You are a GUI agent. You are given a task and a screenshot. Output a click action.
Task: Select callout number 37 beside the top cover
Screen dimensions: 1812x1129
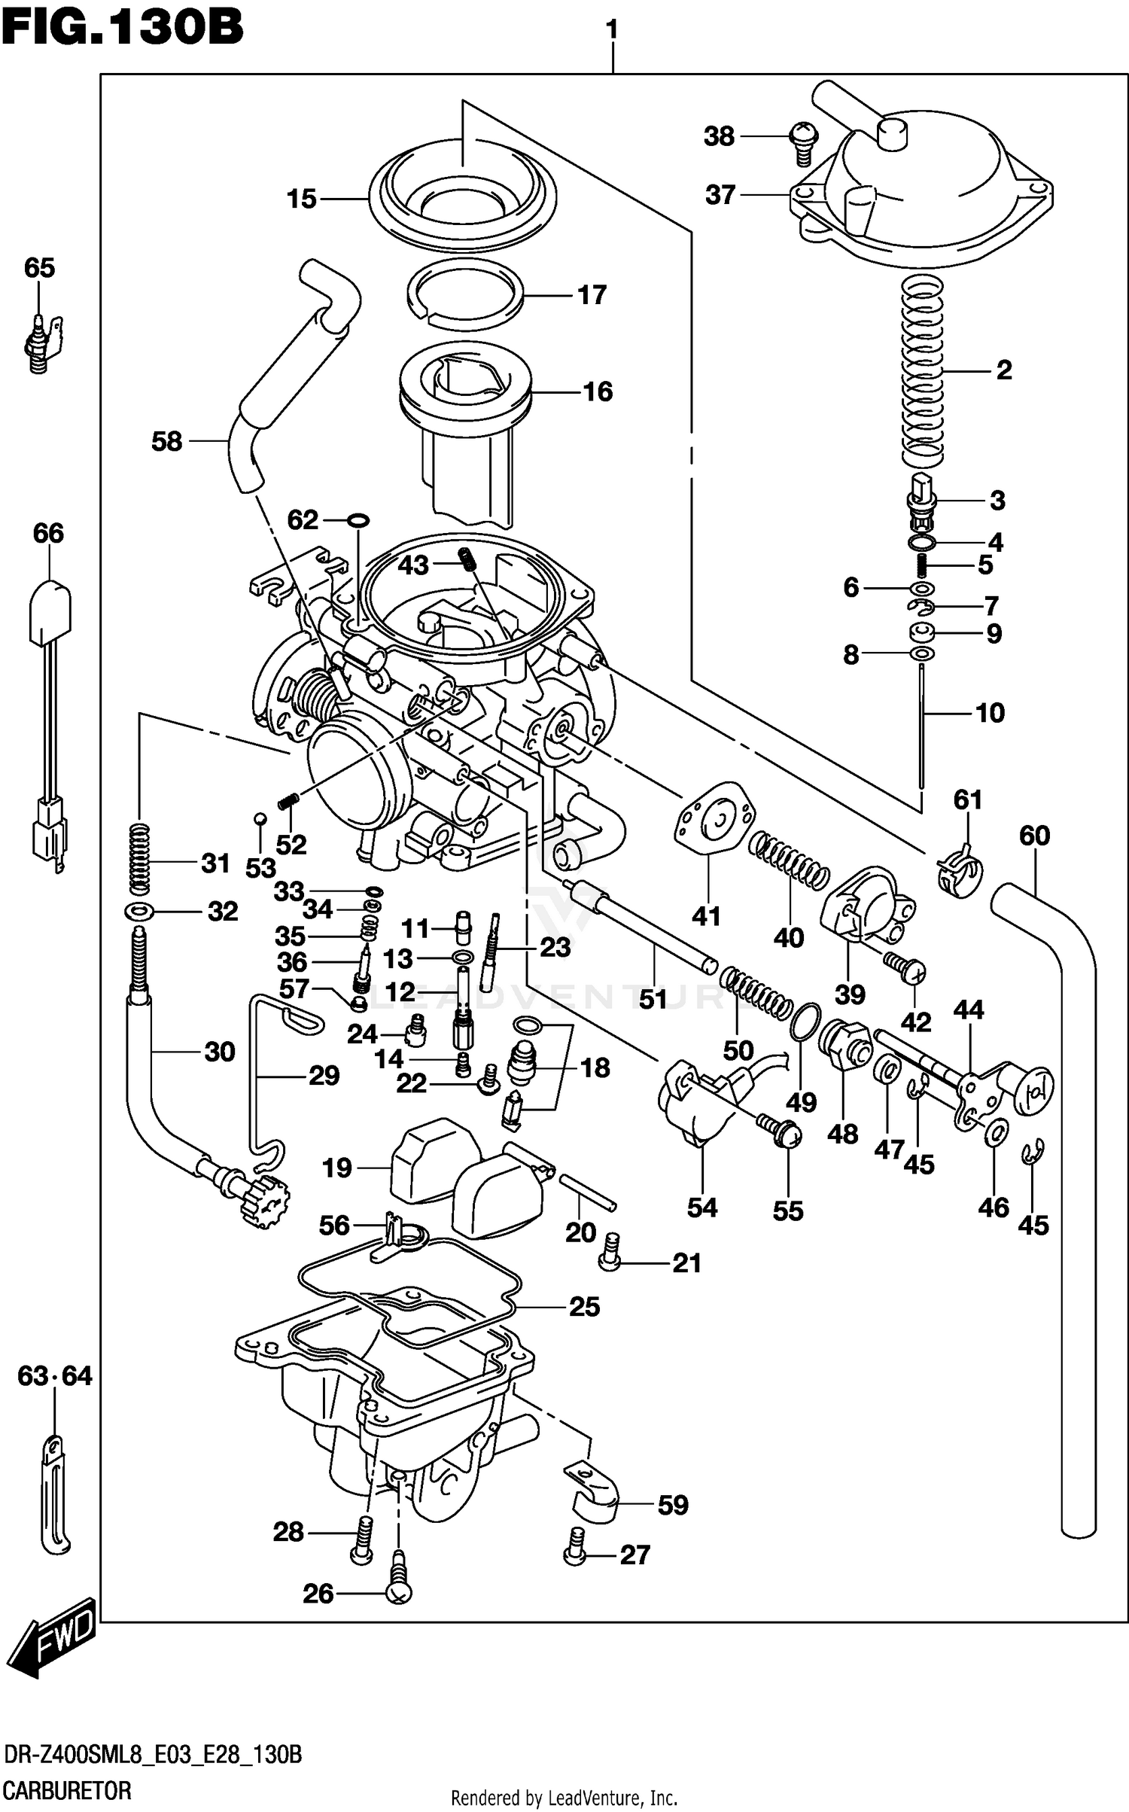(x=720, y=195)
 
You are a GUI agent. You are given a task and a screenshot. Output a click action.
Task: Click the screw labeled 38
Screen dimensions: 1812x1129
(x=802, y=144)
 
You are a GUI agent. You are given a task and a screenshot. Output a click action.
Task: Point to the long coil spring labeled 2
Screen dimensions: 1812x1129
(x=923, y=369)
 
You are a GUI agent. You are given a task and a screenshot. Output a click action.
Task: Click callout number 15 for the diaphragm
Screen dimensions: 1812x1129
(x=301, y=199)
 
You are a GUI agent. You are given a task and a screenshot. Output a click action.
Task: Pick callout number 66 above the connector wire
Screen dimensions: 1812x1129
(x=48, y=534)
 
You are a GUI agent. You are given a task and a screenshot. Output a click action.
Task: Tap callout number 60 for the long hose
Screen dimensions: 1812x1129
(x=1034, y=836)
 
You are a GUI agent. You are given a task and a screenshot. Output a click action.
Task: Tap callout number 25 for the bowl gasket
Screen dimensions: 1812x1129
(x=584, y=1307)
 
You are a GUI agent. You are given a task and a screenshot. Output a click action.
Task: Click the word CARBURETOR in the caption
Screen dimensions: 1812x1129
(x=66, y=1790)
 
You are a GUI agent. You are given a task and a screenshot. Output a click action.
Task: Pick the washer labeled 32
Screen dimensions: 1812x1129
(x=140, y=912)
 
